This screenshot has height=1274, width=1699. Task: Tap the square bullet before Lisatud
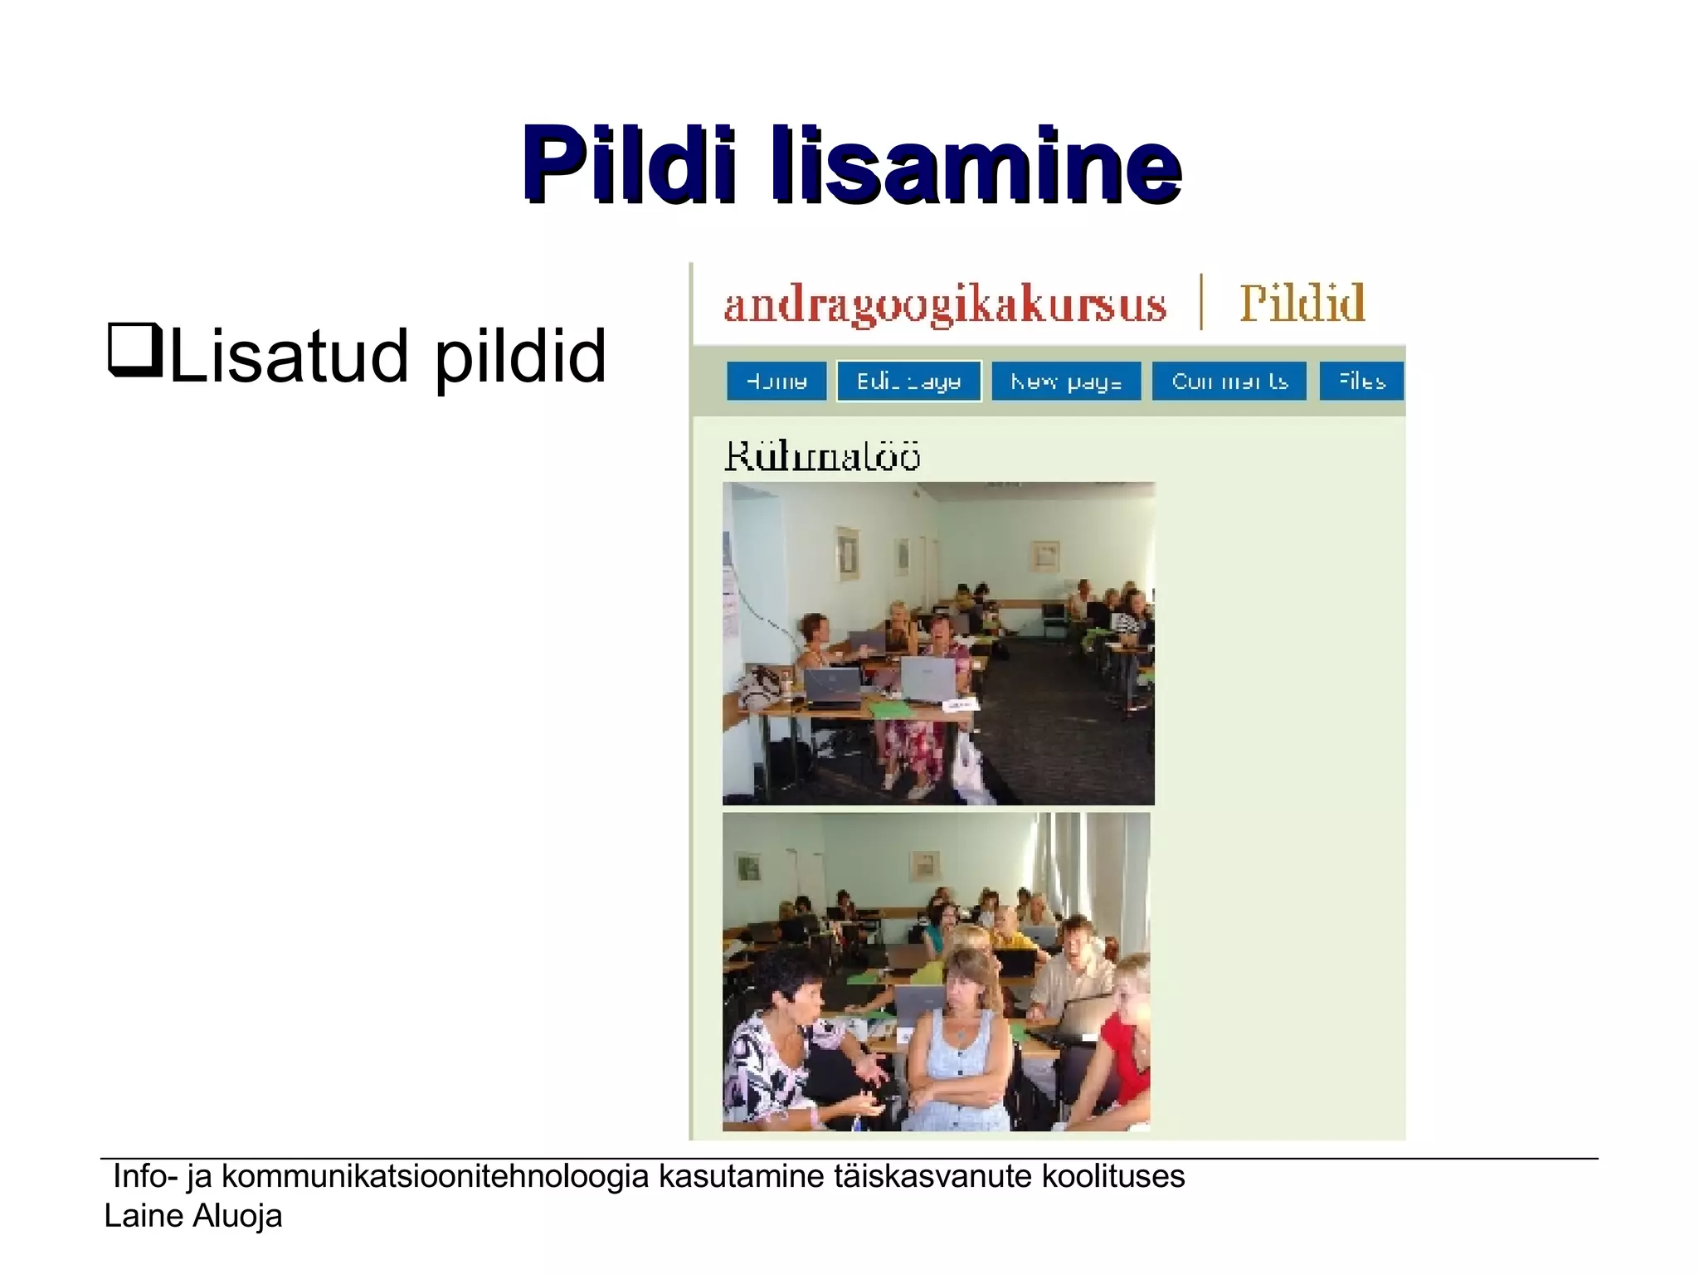(134, 352)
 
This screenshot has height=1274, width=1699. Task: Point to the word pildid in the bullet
(520, 357)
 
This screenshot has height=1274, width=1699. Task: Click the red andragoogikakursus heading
(945, 304)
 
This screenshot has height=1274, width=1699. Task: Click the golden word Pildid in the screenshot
(1302, 303)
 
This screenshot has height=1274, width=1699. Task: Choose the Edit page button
(908, 382)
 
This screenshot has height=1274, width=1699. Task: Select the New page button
(1066, 382)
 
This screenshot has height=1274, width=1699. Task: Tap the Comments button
(1229, 382)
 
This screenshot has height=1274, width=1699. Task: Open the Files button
(1361, 382)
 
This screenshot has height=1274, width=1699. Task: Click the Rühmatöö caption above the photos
(822, 456)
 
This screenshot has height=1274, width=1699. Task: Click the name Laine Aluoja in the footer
(193, 1216)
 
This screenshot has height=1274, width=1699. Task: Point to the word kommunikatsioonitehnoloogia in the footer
(435, 1176)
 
